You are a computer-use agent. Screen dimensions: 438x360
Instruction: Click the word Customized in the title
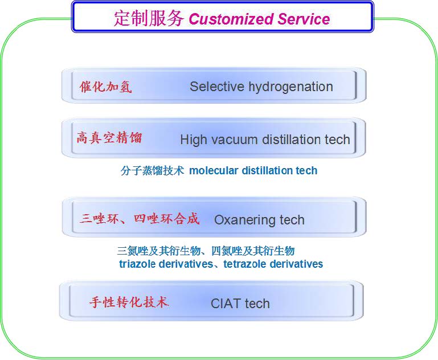[231, 19]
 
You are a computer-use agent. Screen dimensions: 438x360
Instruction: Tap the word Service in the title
[304, 19]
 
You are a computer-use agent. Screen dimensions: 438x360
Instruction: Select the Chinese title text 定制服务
[149, 18]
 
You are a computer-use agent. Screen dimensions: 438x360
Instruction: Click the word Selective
[217, 87]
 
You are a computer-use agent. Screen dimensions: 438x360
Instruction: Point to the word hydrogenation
[290, 87]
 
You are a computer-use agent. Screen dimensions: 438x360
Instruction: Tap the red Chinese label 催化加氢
[105, 87]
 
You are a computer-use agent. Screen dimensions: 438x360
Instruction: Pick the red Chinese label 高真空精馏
[109, 138]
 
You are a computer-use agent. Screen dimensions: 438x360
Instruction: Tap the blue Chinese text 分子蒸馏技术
[152, 170]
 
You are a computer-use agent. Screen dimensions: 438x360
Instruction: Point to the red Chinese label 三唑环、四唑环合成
[140, 218]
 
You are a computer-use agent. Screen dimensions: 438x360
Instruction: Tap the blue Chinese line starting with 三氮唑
[206, 251]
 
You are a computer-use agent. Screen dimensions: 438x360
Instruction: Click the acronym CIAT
[226, 304]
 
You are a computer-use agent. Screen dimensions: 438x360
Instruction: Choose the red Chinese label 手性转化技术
[129, 302]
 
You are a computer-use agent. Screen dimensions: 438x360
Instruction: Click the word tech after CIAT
[257, 304]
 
